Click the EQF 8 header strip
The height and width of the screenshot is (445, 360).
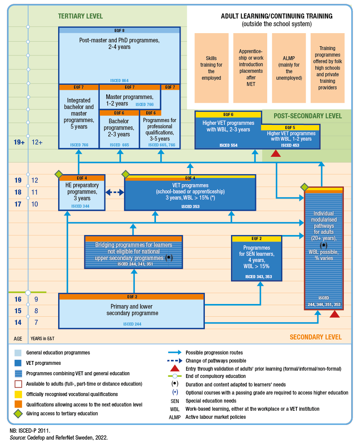pyautogui.click(x=119, y=30)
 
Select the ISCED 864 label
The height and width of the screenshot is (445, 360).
pyautogui.click(x=119, y=81)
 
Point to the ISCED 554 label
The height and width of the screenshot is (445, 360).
pyautogui.click(x=228, y=145)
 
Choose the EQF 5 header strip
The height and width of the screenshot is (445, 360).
pyautogui.click(x=290, y=128)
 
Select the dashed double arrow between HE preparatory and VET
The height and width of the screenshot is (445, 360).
pyautogui.click(x=114, y=192)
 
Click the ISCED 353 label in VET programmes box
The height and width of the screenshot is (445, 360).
pyautogui.click(x=190, y=207)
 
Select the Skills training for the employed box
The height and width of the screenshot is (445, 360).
pyautogui.click(x=211, y=68)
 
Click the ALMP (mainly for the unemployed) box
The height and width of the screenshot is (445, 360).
pyautogui.click(x=289, y=68)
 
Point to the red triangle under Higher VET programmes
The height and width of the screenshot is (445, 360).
pyautogui.click(x=276, y=153)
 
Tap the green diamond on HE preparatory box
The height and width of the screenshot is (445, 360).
pyautogui.click(x=59, y=175)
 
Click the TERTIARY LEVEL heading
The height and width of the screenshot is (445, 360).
pyautogui.click(x=80, y=16)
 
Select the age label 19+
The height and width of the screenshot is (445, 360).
pyautogui.click(x=19, y=142)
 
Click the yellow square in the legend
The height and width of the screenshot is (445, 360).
pyautogui.click(x=18, y=395)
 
